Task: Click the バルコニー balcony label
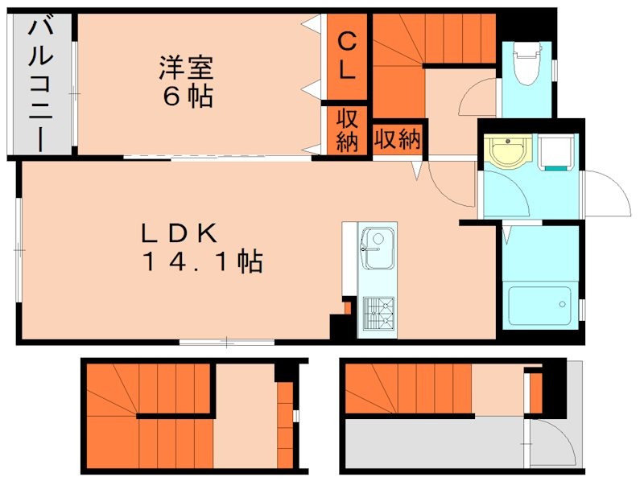point(39,84)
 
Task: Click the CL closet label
point(346,55)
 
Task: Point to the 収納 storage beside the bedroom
point(346,130)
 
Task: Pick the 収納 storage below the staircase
point(398,140)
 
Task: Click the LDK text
point(180,233)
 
